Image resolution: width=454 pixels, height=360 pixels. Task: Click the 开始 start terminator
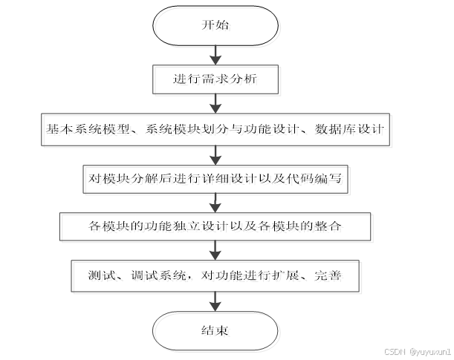(x=215, y=24)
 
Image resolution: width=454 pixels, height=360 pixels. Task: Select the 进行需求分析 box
(x=215, y=77)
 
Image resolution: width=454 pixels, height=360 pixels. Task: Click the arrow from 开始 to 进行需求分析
(x=215, y=53)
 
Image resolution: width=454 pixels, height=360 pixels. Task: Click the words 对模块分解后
(x=122, y=178)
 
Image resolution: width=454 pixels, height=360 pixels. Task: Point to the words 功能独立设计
(x=178, y=226)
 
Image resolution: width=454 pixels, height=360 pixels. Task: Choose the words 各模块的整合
(x=305, y=226)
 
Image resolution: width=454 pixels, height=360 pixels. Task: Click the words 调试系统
(x=157, y=276)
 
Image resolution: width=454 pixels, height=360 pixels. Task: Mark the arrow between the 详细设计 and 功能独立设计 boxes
(x=215, y=202)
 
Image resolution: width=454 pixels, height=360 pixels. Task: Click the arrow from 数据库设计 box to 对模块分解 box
(x=215, y=153)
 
